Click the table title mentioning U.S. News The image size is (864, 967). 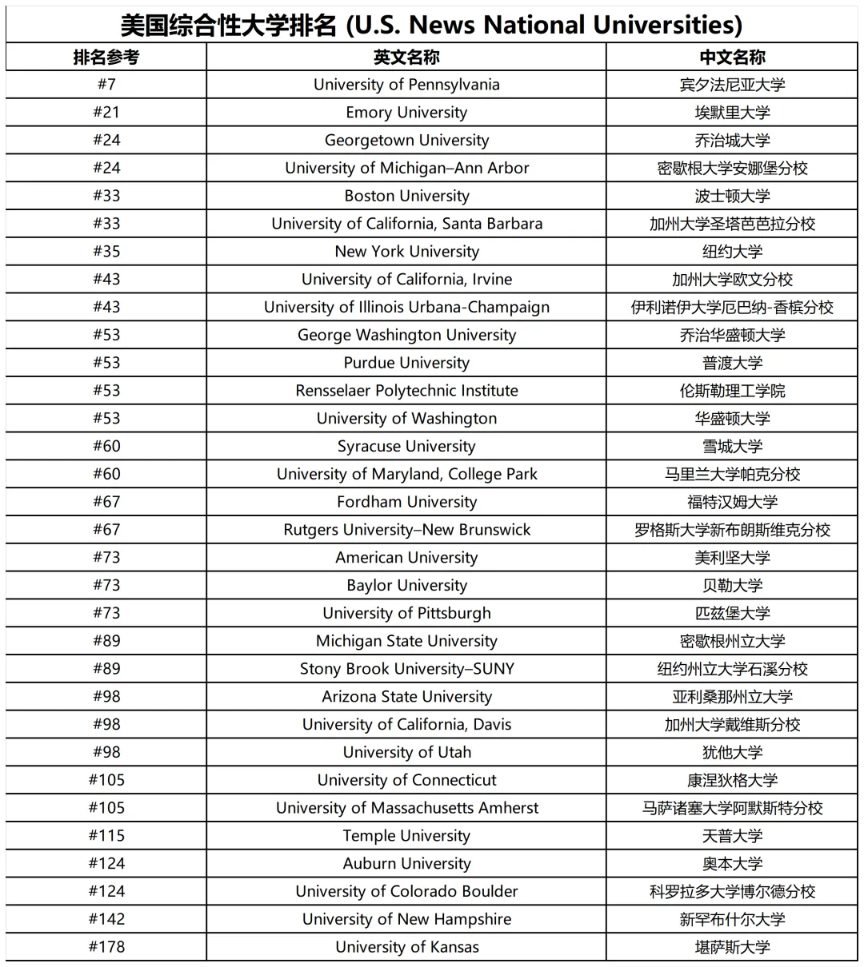(431, 25)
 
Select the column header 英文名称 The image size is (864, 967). (406, 58)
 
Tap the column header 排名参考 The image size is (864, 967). (106, 58)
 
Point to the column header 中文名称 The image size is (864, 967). (732, 58)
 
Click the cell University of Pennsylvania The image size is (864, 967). (406, 85)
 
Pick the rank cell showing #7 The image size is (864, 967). (106, 85)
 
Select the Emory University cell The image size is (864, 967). (406, 113)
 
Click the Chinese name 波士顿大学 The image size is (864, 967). (732, 196)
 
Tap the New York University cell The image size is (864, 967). (406, 252)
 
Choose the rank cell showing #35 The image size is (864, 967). (106, 252)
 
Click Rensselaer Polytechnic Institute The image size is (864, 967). (406, 391)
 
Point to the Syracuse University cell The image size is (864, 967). (406, 446)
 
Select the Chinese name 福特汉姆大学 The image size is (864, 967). (732, 502)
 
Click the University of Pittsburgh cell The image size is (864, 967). (406, 613)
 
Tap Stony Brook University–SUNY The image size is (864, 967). (406, 669)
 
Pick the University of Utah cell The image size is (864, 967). (406, 752)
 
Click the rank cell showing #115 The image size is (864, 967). (106, 836)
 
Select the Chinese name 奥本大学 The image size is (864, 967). (732, 864)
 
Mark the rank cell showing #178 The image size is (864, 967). (106, 947)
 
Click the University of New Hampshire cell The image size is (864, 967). (406, 919)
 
